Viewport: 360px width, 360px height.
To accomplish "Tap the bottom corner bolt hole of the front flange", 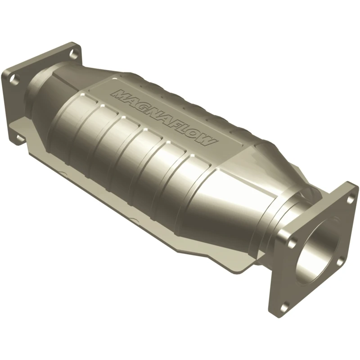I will click(284, 307).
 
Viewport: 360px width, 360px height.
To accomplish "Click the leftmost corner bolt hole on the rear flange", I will click(14, 80).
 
